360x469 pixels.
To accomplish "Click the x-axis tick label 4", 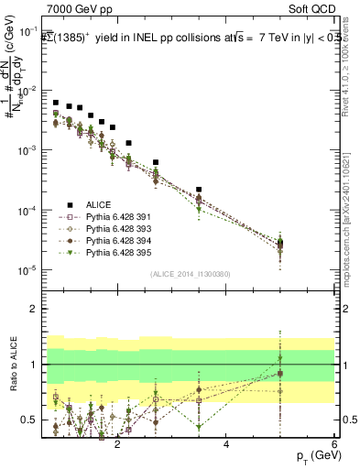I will click(226, 443).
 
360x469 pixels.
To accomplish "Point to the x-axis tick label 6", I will click(334, 443).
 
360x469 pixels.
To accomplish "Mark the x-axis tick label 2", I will click(117, 443).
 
